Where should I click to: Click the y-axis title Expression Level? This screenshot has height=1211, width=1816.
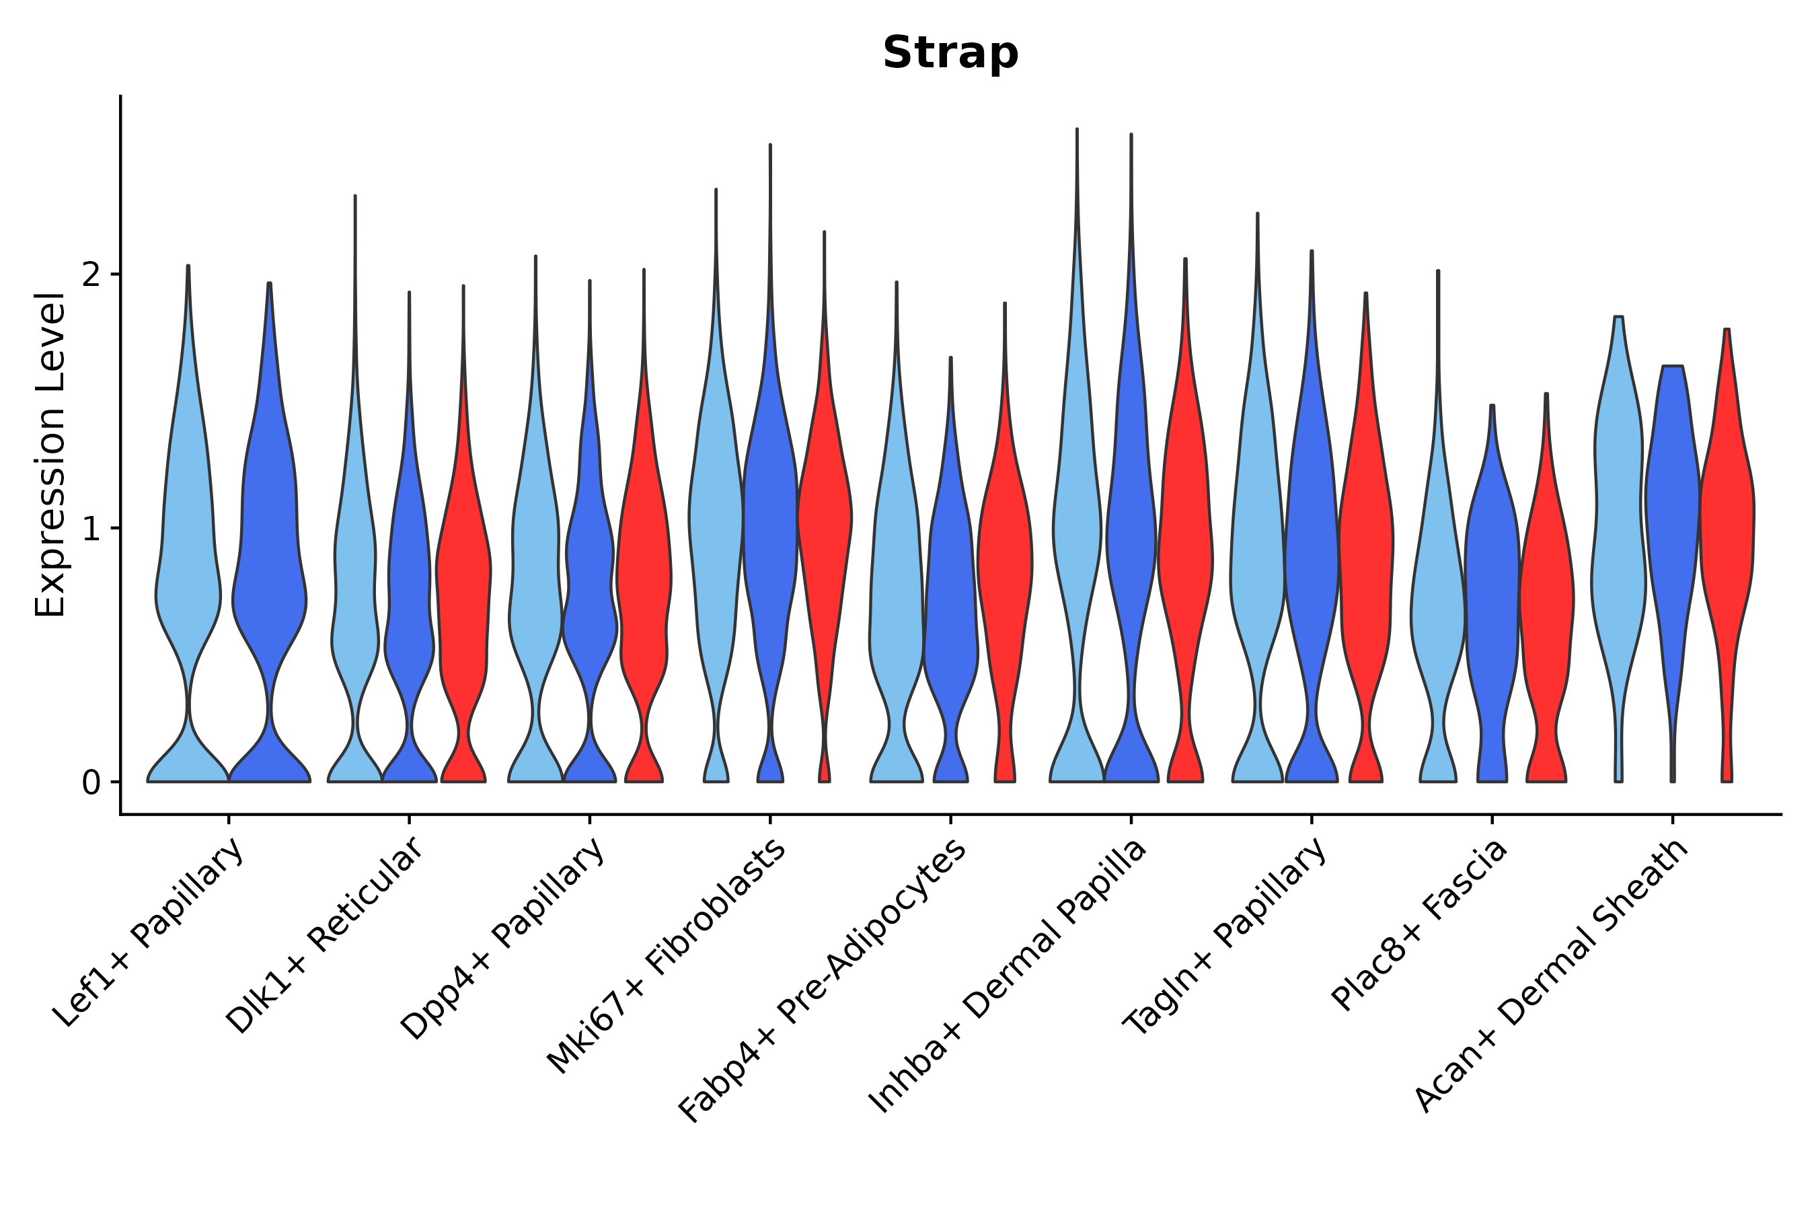pyautogui.click(x=50, y=454)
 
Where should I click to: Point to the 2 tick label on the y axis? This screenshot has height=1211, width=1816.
pyautogui.click(x=91, y=275)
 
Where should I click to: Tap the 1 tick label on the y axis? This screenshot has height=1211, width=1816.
pyautogui.click(x=91, y=529)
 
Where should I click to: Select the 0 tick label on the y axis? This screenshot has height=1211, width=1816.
pyautogui.click(x=91, y=783)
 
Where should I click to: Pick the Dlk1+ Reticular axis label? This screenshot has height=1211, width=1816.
pyautogui.click(x=324, y=935)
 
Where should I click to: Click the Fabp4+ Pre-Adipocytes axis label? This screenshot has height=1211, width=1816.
pyautogui.click(x=823, y=981)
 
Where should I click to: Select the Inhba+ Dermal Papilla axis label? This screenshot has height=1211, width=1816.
pyautogui.click(x=1008, y=977)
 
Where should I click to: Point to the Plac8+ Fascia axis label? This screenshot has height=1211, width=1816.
pyautogui.click(x=1419, y=925)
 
